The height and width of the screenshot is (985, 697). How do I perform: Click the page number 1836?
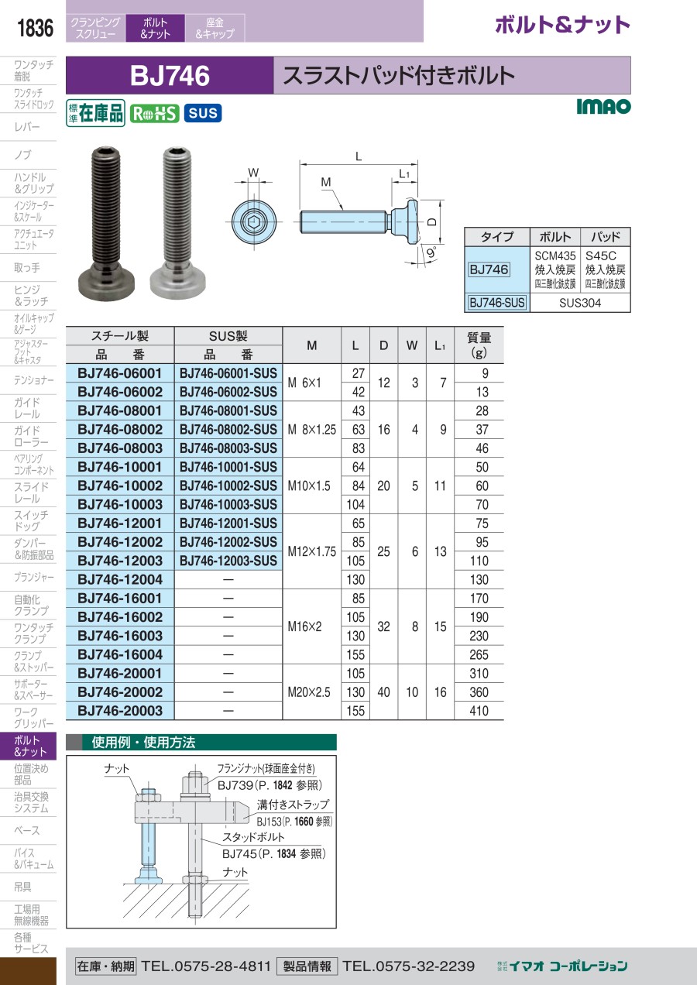click(x=35, y=28)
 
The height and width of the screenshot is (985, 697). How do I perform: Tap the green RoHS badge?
click(x=154, y=114)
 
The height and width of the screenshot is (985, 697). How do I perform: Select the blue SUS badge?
click(x=203, y=113)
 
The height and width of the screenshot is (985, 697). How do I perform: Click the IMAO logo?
click(x=603, y=106)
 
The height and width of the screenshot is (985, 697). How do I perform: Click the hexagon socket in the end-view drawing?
click(x=254, y=222)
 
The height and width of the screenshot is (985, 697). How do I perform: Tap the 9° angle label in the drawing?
click(x=431, y=252)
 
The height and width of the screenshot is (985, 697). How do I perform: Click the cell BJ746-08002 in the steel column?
click(x=120, y=429)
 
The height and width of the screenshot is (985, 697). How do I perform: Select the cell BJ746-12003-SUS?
click(x=228, y=561)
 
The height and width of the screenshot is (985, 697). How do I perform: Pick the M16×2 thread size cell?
click(x=305, y=626)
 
